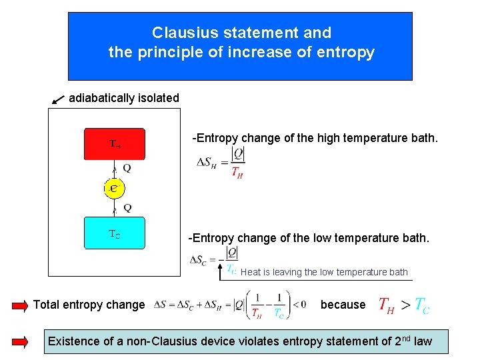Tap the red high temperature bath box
tap(114, 143)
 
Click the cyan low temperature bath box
tap(114, 233)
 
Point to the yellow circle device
tap(115, 189)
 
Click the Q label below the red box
tap(127, 169)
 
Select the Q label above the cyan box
tap(127, 208)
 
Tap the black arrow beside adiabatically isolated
tap(58, 99)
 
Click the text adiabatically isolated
tap(124, 98)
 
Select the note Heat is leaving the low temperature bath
tap(324, 272)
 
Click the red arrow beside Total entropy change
tap(21, 305)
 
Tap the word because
tap(343, 305)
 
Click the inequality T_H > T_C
tap(404, 305)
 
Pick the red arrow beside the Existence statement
tap(21, 341)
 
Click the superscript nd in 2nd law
tap(405, 338)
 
